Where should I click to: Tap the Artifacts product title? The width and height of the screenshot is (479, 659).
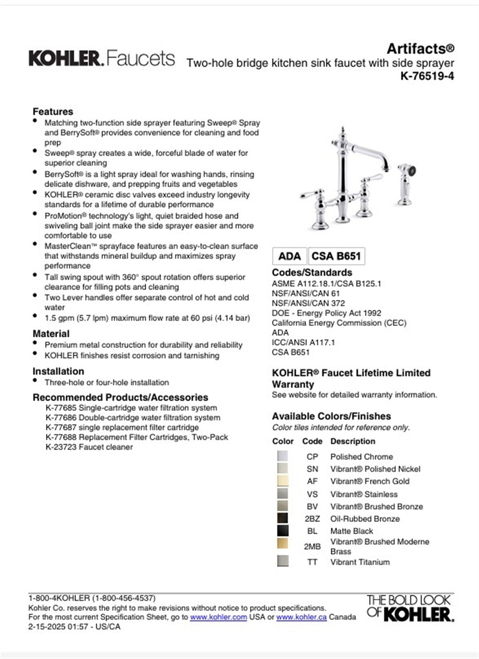(x=420, y=49)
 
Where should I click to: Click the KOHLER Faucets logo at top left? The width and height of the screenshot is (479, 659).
(x=101, y=58)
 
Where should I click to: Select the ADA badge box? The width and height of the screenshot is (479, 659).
(x=289, y=256)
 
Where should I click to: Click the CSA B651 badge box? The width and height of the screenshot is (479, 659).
(x=336, y=256)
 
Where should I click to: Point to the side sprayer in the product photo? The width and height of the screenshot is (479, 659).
(x=407, y=183)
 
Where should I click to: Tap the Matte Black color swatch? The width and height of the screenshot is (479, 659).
(x=283, y=530)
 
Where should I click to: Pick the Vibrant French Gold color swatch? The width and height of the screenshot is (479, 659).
(x=283, y=481)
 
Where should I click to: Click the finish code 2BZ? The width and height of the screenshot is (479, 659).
(x=312, y=519)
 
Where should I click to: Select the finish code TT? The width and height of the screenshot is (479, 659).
(x=312, y=562)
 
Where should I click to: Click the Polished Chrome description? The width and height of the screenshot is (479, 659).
(x=361, y=456)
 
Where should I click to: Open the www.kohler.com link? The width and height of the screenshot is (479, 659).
(x=219, y=617)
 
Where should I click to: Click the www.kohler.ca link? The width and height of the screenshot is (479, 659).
(x=301, y=617)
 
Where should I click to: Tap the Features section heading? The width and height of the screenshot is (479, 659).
(x=53, y=112)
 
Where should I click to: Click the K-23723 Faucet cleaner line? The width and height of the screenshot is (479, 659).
(x=89, y=447)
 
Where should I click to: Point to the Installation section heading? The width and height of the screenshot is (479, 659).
(x=58, y=371)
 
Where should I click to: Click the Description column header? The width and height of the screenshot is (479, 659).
(x=353, y=441)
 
